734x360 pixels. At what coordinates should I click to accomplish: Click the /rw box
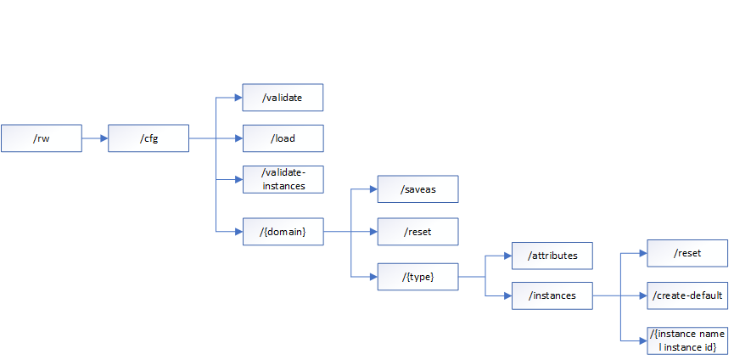41,138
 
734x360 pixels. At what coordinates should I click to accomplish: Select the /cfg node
148,138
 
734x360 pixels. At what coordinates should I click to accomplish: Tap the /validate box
283,98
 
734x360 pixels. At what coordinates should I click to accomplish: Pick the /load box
283,138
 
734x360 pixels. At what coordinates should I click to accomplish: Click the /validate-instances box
283,179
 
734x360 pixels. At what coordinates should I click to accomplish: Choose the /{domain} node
283,231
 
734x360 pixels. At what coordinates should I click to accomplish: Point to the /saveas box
417,189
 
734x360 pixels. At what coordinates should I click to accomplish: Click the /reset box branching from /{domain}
417,231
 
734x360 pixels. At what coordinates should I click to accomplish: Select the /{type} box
417,276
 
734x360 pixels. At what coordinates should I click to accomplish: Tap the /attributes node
552,255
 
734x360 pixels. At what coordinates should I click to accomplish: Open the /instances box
552,295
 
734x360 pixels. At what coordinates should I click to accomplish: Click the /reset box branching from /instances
687,253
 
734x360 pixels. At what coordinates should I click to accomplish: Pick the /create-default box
687,295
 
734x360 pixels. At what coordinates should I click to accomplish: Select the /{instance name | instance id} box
687,340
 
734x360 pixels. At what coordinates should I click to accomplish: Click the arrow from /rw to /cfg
94,138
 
